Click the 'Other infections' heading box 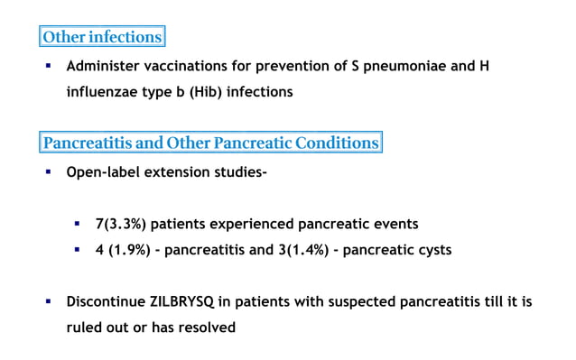102,37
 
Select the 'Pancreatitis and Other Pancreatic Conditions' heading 210,143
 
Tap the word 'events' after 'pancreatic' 395,223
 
